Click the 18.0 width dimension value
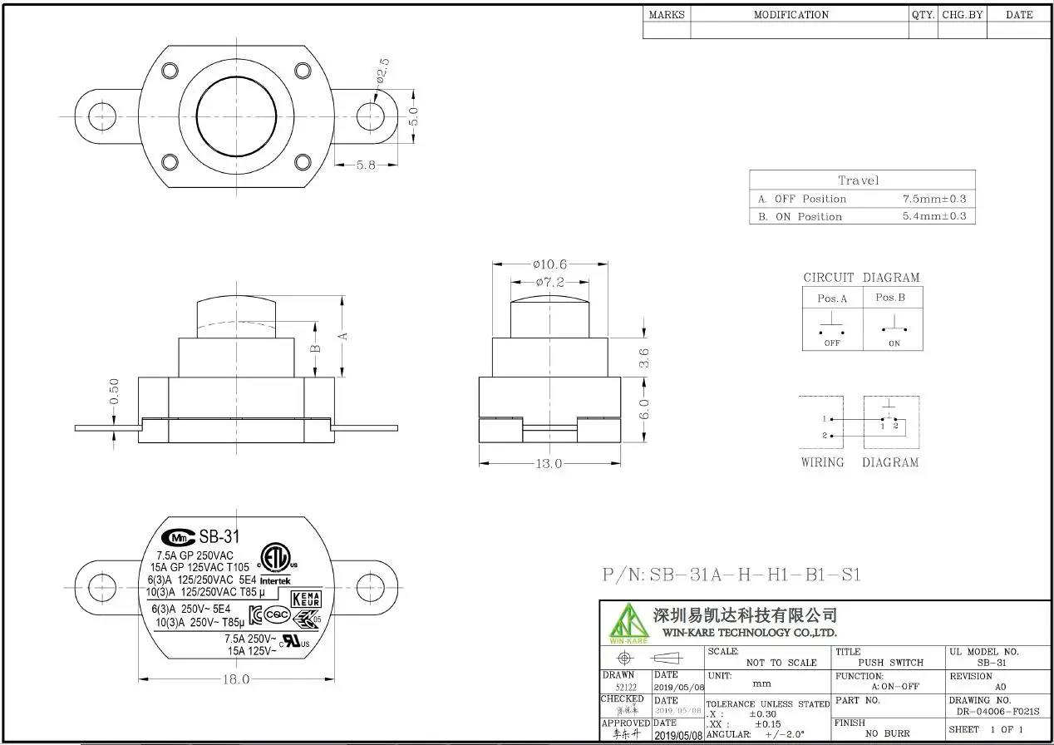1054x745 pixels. (235, 679)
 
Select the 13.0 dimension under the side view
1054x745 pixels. (548, 463)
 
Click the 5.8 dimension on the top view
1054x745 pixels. (366, 165)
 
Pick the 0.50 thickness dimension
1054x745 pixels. (115, 392)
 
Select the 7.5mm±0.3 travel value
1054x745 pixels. (934, 200)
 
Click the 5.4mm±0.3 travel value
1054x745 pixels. (934, 217)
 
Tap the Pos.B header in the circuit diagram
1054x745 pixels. (890, 298)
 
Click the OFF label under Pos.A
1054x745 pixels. (832, 343)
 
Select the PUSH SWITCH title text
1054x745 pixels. (890, 663)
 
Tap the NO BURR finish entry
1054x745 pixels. (887, 733)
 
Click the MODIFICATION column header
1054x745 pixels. (790, 14)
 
